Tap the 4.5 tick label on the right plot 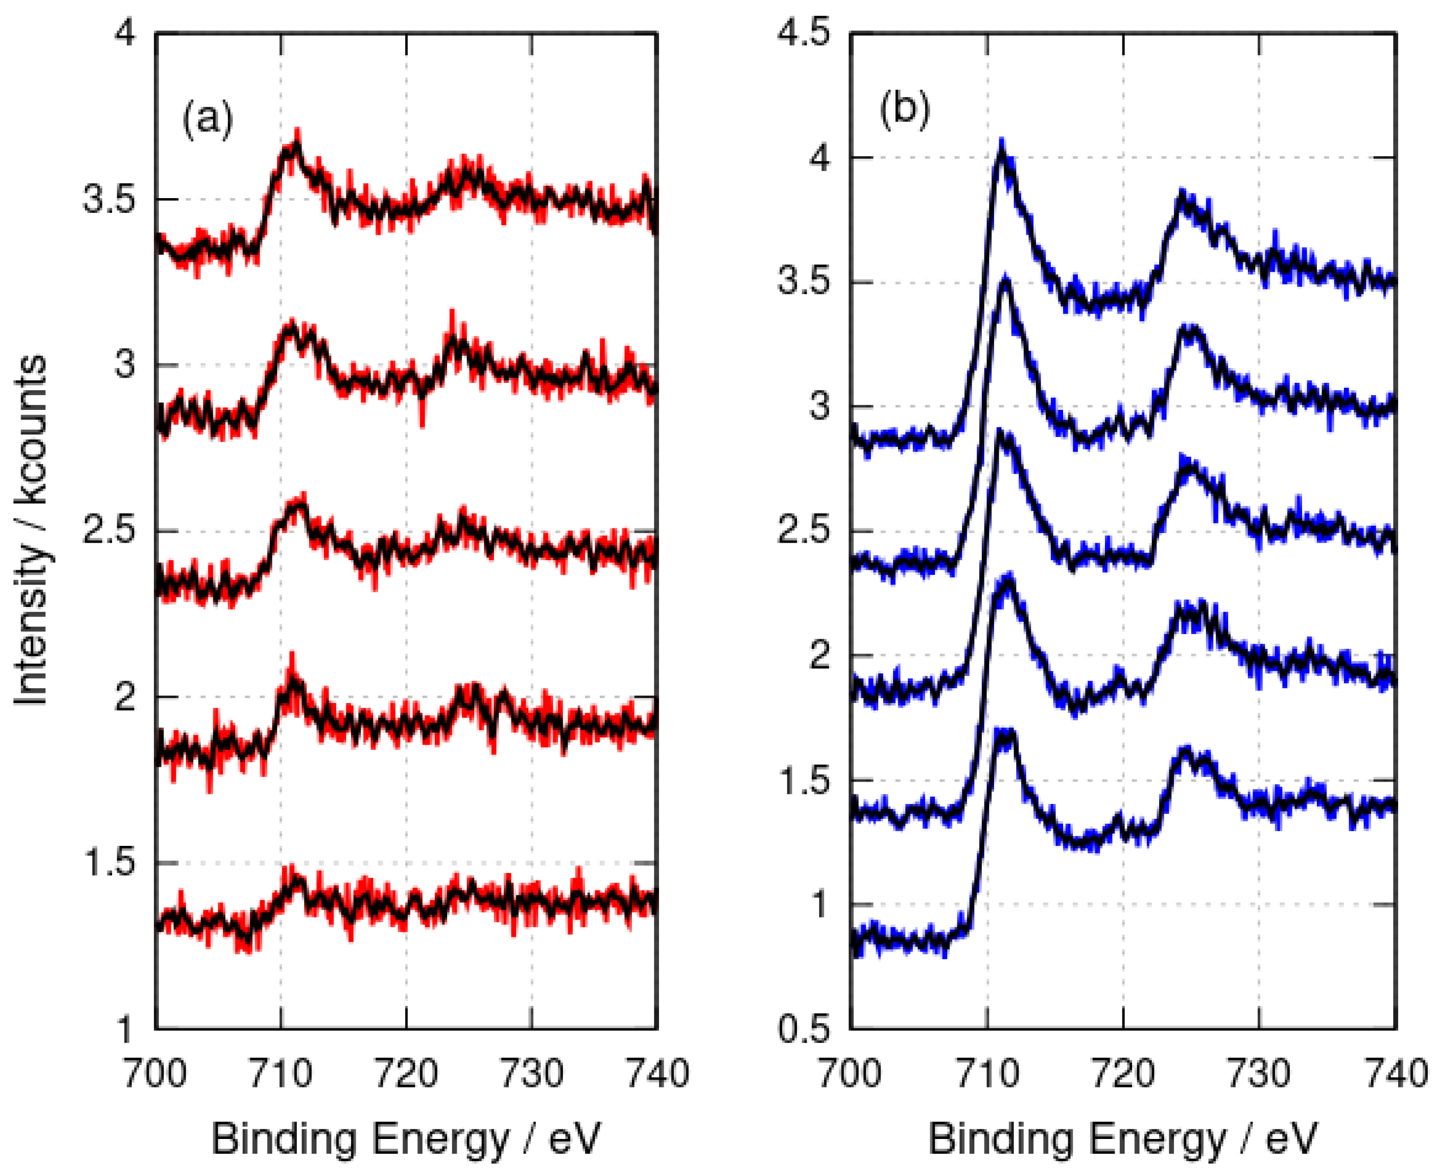[x=803, y=32]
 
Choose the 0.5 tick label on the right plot [x=803, y=1030]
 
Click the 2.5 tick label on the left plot [x=109, y=531]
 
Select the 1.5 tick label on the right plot [x=803, y=781]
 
